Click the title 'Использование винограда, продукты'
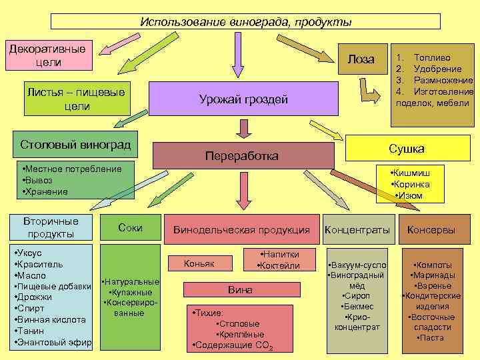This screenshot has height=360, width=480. (245, 22)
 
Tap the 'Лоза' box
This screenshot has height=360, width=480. (361, 59)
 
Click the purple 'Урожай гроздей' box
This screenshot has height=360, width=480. (243, 99)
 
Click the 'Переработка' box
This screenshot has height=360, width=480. (243, 155)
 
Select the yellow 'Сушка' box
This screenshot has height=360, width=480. (406, 148)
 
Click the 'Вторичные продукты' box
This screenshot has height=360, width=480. (51, 227)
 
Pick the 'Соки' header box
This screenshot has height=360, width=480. (130, 227)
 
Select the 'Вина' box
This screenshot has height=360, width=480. (240, 290)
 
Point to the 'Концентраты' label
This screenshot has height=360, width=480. (357, 230)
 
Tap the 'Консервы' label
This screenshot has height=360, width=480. (431, 230)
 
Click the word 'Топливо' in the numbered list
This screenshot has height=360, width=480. (432, 58)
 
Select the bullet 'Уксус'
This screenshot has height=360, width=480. (30, 253)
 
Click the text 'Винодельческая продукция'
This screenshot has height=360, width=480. (241, 230)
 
